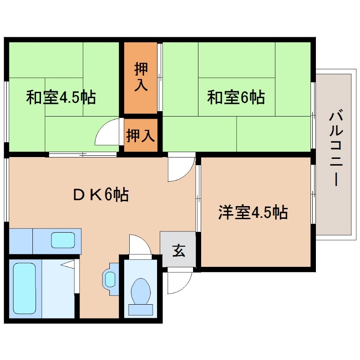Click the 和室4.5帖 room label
(61, 97)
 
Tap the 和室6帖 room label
(235, 97)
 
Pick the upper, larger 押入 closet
(140, 77)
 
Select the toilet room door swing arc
(139, 245)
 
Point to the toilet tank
(140, 310)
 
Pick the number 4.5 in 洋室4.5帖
(265, 212)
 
